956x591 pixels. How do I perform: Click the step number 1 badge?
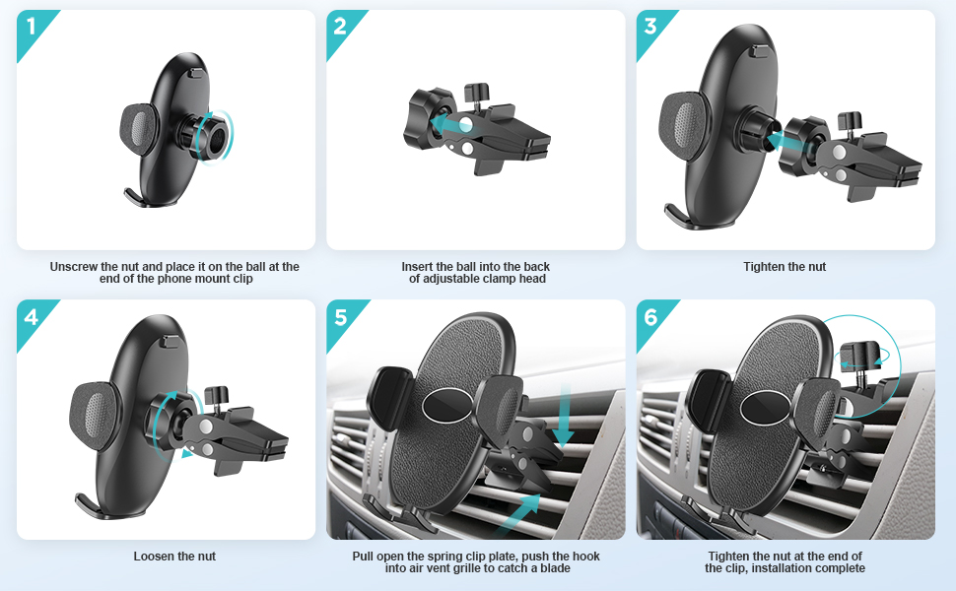coord(32,28)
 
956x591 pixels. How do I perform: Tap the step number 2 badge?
coord(340,27)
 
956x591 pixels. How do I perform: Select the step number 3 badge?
coord(650,27)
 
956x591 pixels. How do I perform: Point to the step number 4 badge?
coord(32,317)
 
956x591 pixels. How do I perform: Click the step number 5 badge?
coord(341,317)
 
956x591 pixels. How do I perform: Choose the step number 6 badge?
coord(650,317)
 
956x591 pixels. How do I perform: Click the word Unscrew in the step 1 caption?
coord(74,267)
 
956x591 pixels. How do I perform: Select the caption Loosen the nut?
coord(174,557)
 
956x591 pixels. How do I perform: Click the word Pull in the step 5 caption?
coord(363,557)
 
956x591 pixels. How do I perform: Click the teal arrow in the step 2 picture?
coord(450,124)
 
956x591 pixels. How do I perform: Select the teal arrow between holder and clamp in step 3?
coord(785,143)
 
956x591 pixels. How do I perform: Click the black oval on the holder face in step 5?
coord(446,404)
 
